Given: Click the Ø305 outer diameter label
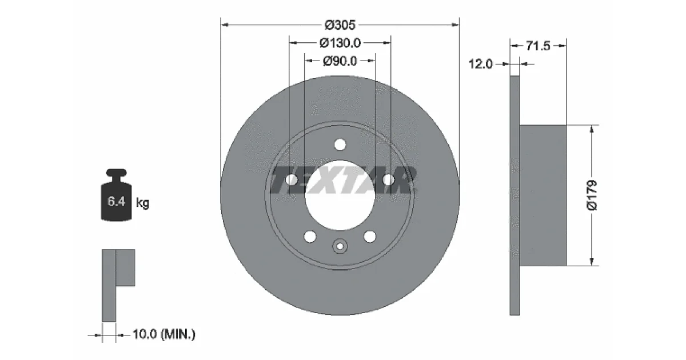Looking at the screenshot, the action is click(340, 25).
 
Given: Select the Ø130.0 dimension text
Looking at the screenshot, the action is click(340, 43).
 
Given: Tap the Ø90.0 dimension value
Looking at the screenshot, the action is click(340, 61).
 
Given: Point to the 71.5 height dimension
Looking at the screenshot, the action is click(538, 46).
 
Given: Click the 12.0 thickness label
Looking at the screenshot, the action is click(481, 64).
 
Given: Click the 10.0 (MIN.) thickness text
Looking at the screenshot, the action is click(164, 334).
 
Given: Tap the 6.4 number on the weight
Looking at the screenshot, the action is click(117, 201).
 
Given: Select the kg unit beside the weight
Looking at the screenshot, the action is click(143, 203).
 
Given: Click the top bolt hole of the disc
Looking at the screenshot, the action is click(340, 145).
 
